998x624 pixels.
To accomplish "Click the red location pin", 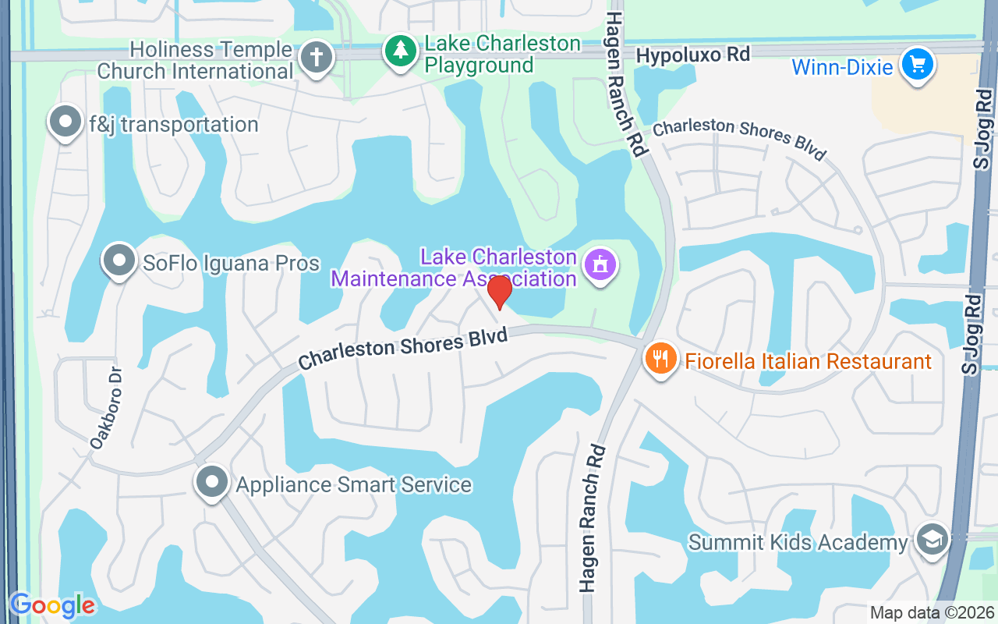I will click(x=499, y=292).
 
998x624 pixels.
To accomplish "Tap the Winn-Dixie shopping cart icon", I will click(x=917, y=65).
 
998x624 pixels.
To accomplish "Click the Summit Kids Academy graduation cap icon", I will click(x=932, y=540).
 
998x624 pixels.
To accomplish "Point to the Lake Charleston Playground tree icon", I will click(x=401, y=51).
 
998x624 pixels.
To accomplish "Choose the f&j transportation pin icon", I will click(x=65, y=122).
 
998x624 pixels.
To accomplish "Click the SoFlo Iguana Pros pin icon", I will click(x=119, y=261).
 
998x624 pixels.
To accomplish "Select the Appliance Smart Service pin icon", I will click(x=212, y=482).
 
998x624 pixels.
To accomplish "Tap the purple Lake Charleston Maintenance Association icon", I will click(x=600, y=265).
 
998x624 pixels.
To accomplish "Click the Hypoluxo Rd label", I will click(x=693, y=55).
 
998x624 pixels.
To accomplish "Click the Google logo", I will click(x=51, y=605).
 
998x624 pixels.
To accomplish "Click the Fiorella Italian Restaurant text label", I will click(x=809, y=362).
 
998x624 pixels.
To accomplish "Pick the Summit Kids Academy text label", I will click(x=798, y=542).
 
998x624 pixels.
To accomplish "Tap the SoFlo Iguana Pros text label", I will click(x=231, y=263).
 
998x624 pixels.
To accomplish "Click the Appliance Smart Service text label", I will click(x=354, y=484).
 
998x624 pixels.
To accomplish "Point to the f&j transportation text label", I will click(x=173, y=125).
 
